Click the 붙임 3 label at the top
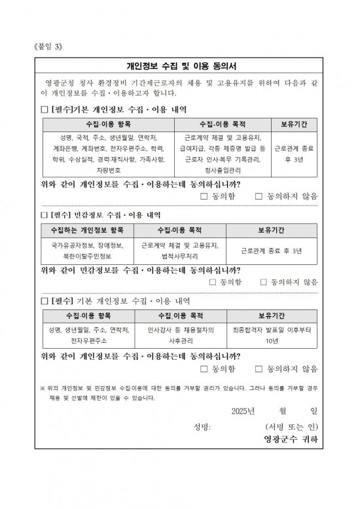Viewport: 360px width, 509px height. pos(52,47)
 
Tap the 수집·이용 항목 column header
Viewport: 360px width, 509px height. pos(108,124)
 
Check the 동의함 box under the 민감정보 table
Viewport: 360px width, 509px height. pos(213,282)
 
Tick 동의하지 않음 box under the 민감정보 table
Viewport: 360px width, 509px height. pos(264,282)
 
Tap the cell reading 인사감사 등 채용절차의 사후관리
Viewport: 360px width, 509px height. pos(179,336)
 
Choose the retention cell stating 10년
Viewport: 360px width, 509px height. pos(272,336)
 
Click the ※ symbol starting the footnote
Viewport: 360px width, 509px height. pos(43,387)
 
